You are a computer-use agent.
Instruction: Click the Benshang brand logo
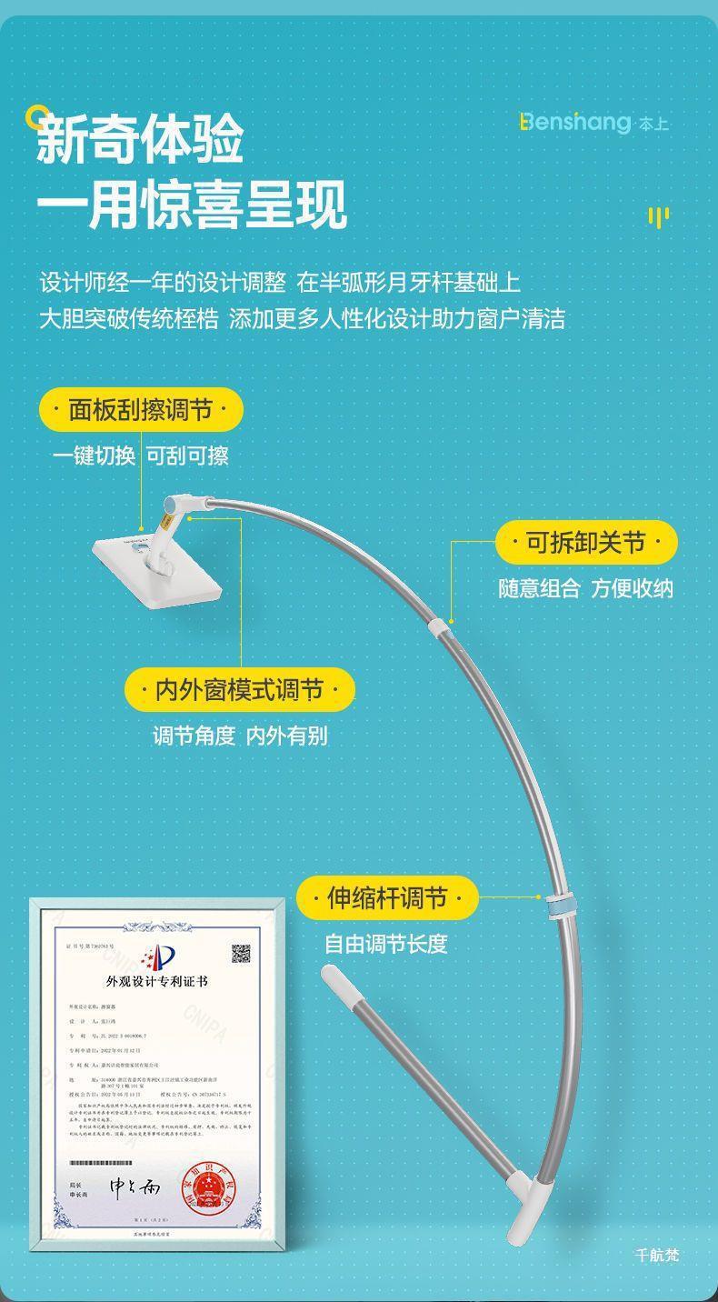593,123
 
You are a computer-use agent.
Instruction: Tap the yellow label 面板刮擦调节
141,410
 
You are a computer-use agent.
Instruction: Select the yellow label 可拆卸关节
586,543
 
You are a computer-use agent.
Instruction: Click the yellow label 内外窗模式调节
239,690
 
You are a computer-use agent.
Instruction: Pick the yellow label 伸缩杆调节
387,898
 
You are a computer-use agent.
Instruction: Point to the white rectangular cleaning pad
157,568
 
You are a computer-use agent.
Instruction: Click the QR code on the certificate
241,954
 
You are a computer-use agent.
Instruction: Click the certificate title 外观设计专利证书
157,982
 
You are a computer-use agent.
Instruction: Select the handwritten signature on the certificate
135,1187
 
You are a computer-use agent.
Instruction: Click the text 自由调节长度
386,944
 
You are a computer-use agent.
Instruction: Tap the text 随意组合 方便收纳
585,588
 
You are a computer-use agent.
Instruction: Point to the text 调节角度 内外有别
240,736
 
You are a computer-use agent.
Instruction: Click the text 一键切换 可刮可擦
141,456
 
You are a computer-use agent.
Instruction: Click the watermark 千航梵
656,1256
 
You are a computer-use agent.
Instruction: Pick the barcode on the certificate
101,1163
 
